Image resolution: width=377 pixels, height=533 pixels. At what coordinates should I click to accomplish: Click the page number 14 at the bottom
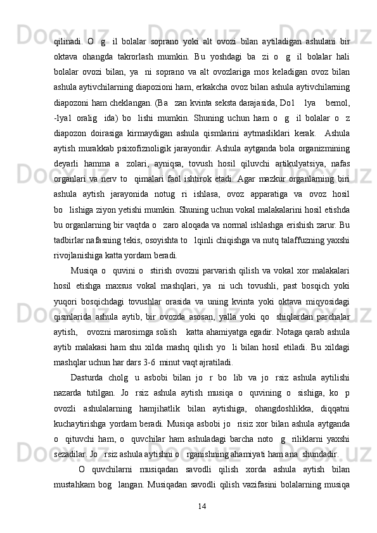[x=203, y=506]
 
